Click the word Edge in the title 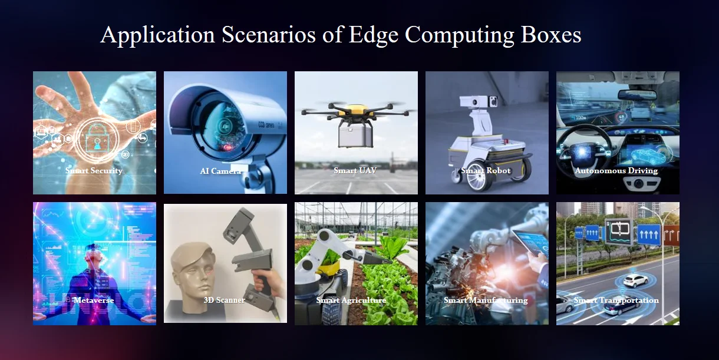(x=373, y=35)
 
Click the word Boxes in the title (x=551, y=35)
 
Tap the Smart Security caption (x=94, y=170)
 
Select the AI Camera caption (x=220, y=171)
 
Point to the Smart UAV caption (x=355, y=170)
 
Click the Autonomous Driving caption (x=616, y=170)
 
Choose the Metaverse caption (x=94, y=300)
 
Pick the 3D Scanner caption (x=225, y=300)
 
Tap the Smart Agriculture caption (x=351, y=300)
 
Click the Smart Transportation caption (x=616, y=300)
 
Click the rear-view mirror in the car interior (x=637, y=95)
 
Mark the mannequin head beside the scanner (x=193, y=278)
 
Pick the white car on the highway (x=635, y=280)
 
